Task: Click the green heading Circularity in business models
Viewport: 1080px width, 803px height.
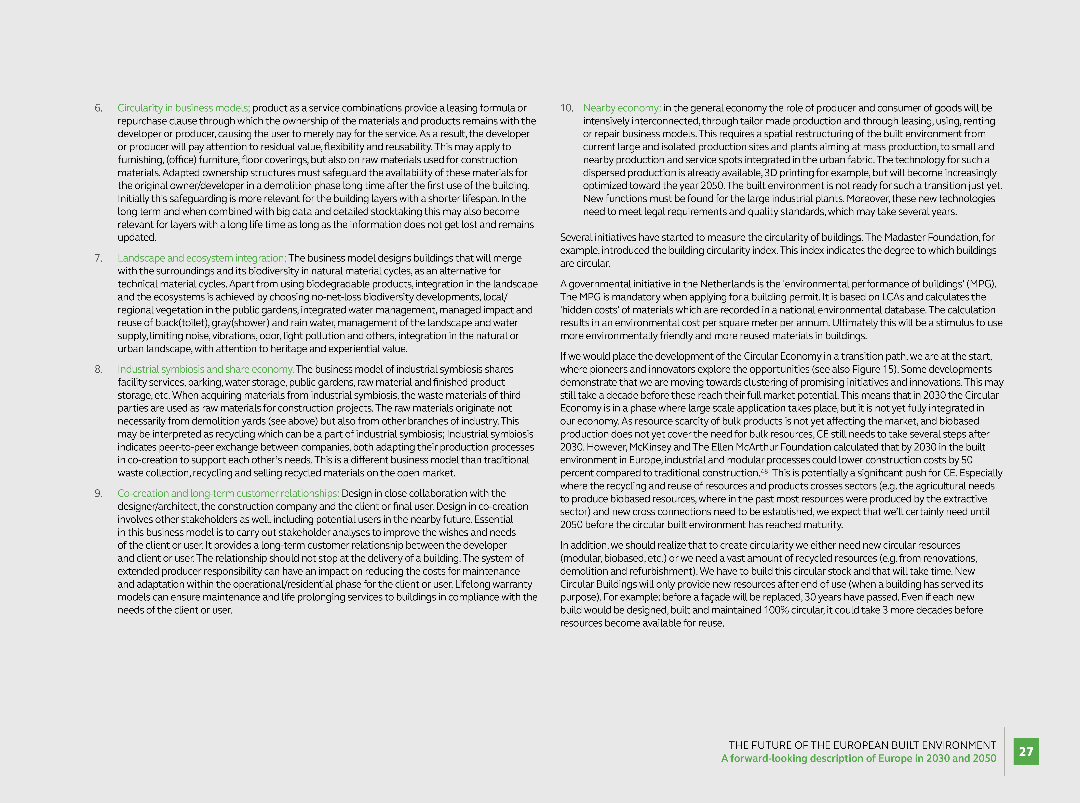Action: (x=184, y=108)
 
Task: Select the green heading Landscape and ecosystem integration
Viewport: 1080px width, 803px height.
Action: (x=202, y=258)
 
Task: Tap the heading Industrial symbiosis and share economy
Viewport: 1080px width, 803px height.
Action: (x=205, y=369)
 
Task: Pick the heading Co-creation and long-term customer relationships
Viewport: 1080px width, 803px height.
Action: (x=228, y=493)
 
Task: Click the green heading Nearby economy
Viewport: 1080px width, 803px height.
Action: (x=622, y=108)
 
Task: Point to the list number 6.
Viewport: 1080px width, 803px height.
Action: (x=99, y=108)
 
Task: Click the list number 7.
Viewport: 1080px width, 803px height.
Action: (x=99, y=258)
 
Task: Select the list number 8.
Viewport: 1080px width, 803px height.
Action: (x=99, y=369)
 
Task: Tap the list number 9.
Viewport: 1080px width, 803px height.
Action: (x=99, y=493)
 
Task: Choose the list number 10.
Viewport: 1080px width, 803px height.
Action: (x=567, y=108)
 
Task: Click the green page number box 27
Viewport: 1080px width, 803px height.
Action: (x=1026, y=751)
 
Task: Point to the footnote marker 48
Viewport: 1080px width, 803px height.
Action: (x=764, y=471)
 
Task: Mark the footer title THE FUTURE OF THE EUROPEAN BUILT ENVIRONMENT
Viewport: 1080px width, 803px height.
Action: (x=862, y=745)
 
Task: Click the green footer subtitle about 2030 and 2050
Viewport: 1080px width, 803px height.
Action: (x=859, y=758)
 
